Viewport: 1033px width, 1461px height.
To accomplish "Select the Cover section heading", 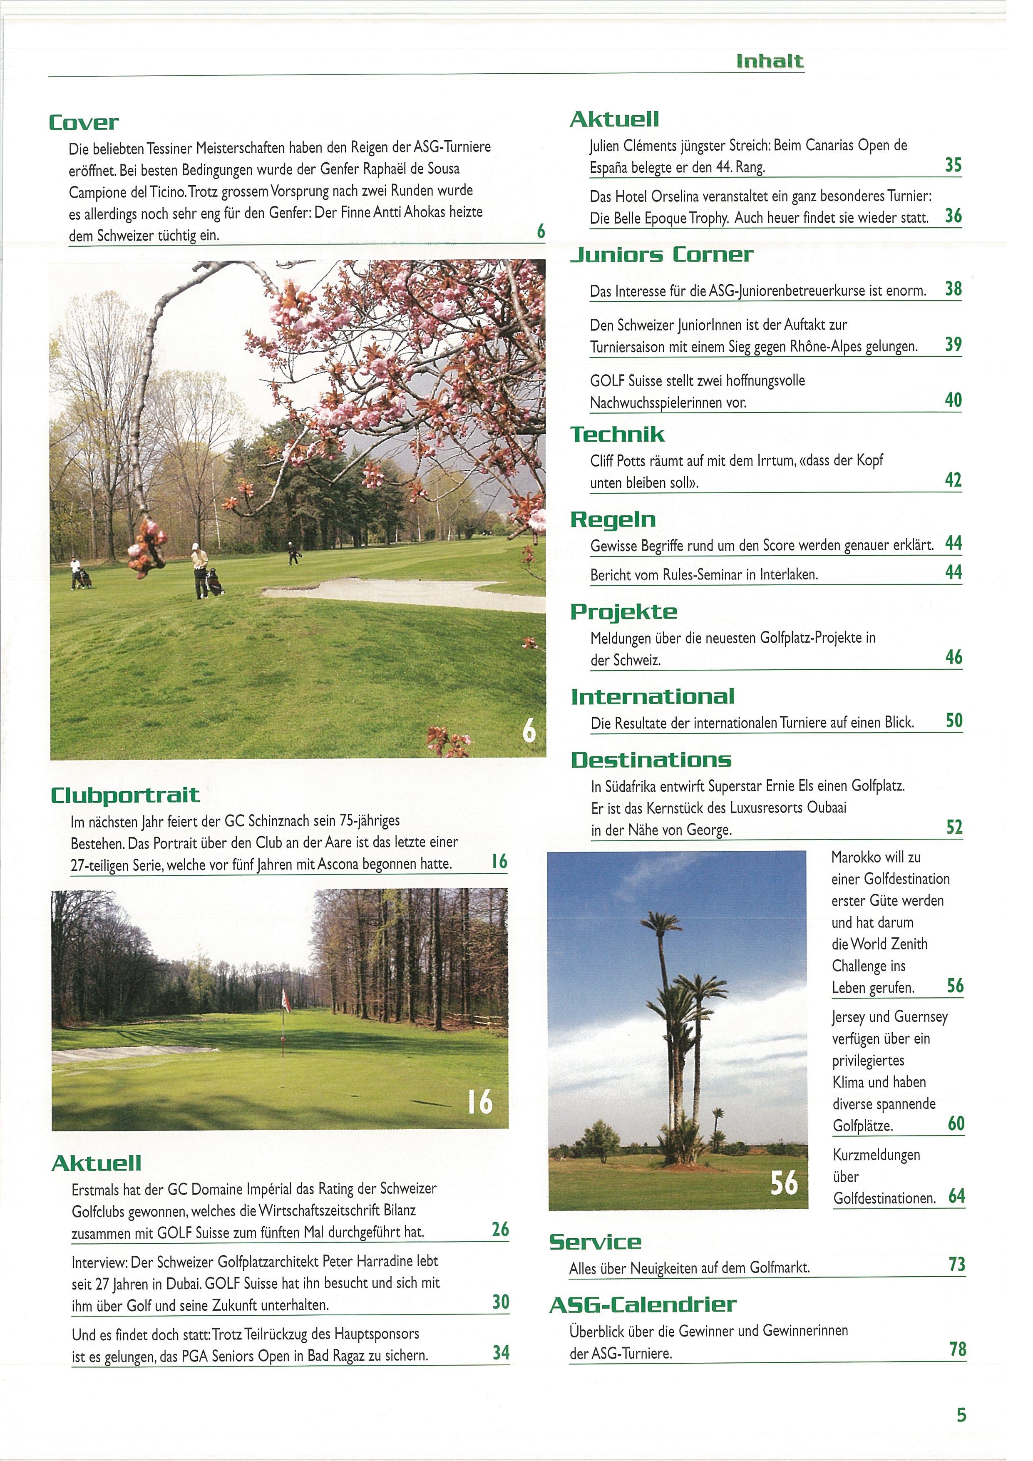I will [x=84, y=123].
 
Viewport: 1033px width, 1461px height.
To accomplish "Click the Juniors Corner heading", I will [x=661, y=255].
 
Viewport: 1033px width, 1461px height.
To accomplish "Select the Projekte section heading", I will [x=623, y=612].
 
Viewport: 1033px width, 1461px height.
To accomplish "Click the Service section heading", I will [x=596, y=1242].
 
